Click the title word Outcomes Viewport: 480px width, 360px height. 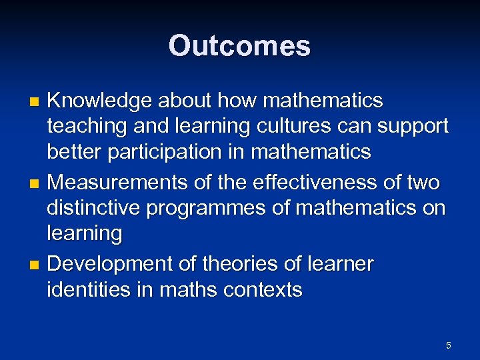tap(239, 46)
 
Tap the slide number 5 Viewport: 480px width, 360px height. tap(448, 345)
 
